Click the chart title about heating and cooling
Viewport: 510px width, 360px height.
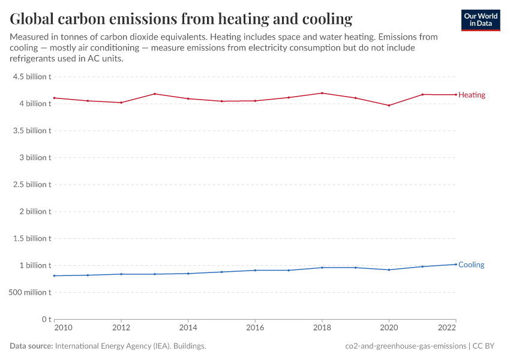pos(181,19)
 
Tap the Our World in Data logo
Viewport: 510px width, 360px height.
pos(480,20)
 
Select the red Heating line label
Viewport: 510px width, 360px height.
pos(472,95)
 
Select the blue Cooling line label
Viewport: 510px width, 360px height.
pos(471,265)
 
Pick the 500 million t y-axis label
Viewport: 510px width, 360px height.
pos(29,292)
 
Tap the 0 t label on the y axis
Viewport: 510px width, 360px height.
pos(46,319)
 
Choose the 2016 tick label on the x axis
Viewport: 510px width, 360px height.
pos(255,328)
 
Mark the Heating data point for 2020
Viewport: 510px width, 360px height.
pos(389,106)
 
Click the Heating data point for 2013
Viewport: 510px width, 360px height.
pos(155,94)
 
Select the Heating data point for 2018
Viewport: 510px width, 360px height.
pos(322,93)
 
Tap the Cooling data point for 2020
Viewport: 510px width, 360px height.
pos(389,269)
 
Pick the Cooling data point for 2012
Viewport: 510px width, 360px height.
pos(121,274)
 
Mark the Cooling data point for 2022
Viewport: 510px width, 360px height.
pos(455,264)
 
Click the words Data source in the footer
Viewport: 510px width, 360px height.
pos(31,346)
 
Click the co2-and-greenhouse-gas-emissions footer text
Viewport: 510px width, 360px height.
pos(406,346)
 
